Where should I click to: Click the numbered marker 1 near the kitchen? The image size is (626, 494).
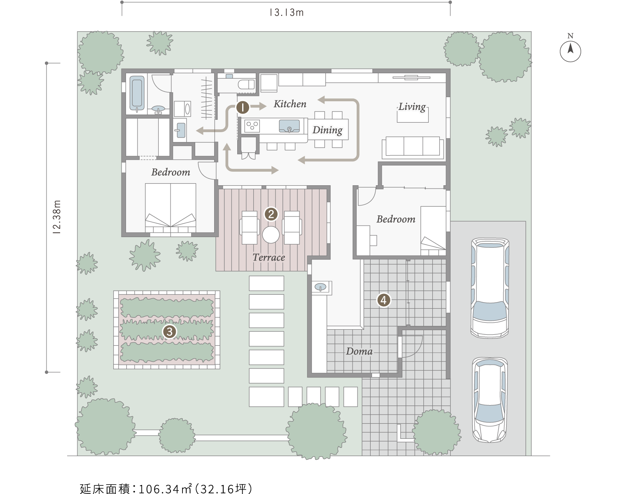click(242, 107)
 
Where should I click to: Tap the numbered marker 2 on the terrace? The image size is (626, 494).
click(271, 214)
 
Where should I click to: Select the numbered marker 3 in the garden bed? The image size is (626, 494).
click(170, 332)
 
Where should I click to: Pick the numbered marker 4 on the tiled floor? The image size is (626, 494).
click(383, 300)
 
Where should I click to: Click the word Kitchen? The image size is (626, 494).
click(290, 104)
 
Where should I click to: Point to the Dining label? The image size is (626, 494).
click(327, 130)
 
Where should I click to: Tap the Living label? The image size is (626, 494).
click(412, 107)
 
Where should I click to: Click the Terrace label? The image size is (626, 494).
click(269, 257)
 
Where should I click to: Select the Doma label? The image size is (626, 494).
click(359, 351)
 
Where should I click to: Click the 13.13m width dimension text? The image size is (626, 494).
click(287, 12)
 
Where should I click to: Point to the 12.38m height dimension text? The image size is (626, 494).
click(57, 217)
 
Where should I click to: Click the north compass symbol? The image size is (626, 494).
click(570, 51)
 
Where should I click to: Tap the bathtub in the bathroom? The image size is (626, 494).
click(137, 93)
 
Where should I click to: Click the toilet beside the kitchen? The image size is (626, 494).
click(246, 85)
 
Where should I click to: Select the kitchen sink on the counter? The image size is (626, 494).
click(289, 126)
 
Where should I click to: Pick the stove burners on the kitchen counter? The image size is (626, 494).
click(252, 126)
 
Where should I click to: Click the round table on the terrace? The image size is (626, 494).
click(271, 235)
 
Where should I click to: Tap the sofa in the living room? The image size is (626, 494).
click(413, 147)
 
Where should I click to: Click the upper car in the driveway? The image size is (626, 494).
click(490, 288)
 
